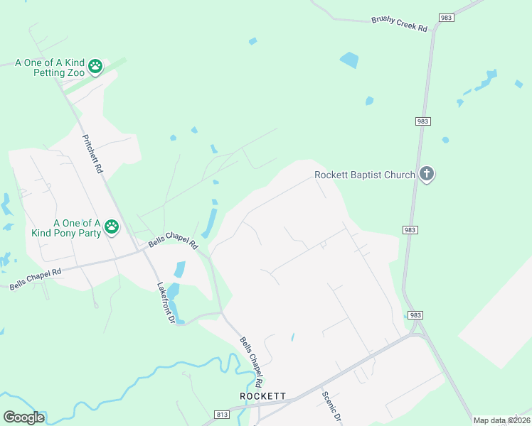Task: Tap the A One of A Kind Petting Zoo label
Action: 50,67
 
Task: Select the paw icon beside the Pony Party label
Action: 112,227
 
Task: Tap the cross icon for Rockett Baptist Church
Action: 426,174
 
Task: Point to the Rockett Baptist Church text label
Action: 365,175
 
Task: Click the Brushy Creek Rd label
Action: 399,24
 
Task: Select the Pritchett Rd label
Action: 93,154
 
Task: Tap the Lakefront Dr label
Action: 166,303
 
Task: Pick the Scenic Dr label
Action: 332,408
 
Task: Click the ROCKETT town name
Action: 262,395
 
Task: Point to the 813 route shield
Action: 222,414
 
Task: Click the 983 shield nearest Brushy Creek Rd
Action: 446,18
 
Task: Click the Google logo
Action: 23,417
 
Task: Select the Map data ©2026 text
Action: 501,420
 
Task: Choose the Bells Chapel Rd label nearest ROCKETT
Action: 254,358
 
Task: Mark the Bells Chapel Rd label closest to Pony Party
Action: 172,240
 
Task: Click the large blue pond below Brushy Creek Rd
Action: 349,60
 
